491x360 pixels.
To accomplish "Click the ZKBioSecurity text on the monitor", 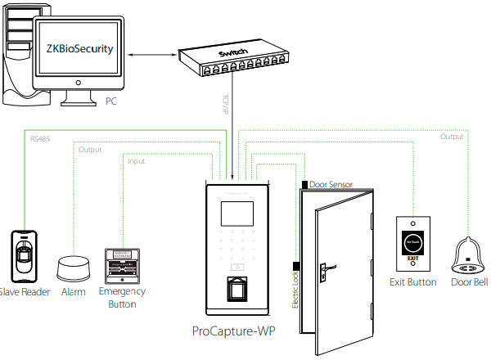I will (74, 50).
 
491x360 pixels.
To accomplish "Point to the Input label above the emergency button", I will (136, 161).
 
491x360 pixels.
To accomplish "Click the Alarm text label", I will (74, 292).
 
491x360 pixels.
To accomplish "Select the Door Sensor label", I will (331, 185).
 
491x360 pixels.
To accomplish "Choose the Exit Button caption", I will (412, 282).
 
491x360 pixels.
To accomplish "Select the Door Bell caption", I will (470, 282).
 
